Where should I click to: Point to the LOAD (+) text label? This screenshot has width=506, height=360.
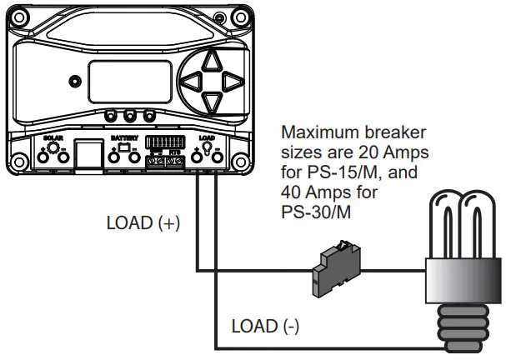pos(143,224)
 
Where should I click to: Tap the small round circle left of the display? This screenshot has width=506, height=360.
pos(75,82)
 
